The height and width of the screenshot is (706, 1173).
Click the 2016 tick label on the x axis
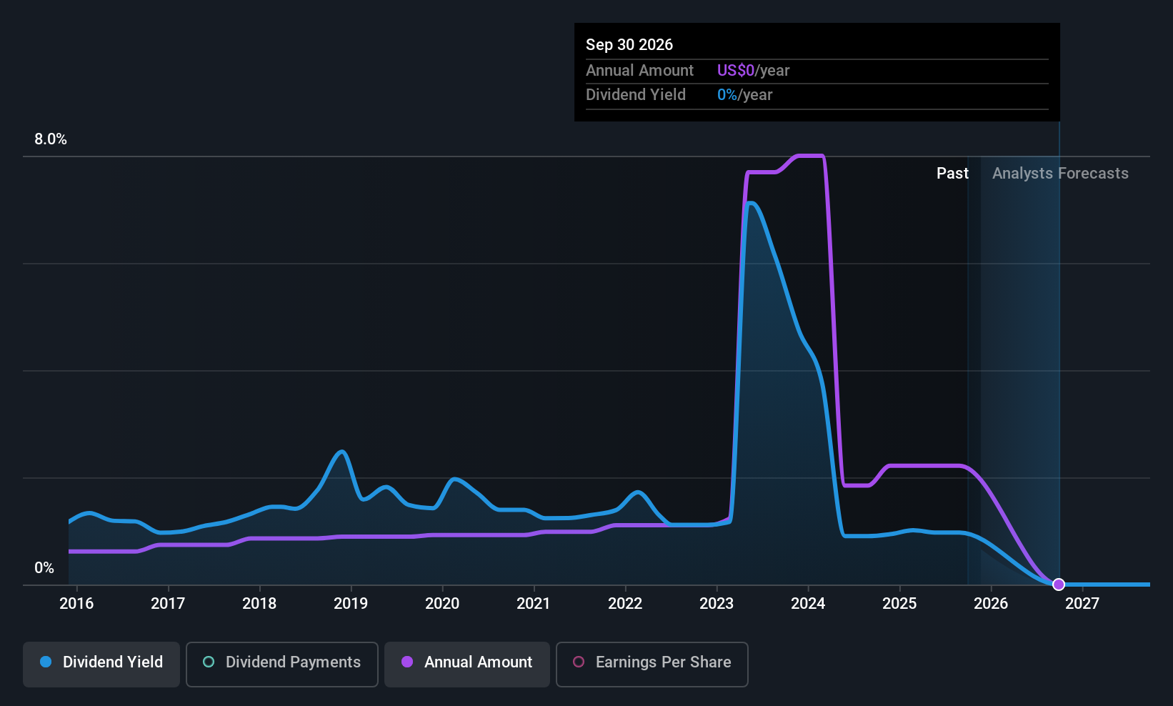pyautogui.click(x=76, y=603)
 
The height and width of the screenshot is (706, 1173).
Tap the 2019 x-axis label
pyautogui.click(x=351, y=603)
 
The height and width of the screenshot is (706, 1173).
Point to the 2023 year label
pyautogui.click(x=717, y=603)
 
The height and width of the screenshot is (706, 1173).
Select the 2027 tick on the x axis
pyautogui.click(x=1082, y=603)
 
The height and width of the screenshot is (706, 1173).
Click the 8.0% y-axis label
pyautogui.click(x=51, y=139)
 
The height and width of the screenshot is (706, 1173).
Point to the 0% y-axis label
pyautogui.click(x=44, y=568)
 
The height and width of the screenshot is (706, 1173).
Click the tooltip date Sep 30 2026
pyautogui.click(x=629, y=44)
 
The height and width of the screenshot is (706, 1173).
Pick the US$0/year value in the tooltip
pyautogui.click(x=753, y=70)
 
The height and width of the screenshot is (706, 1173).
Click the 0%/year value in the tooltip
pyautogui.click(x=744, y=94)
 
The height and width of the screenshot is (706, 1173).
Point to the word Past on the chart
pyautogui.click(x=952, y=174)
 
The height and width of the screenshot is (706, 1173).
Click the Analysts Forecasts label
pyautogui.click(x=1060, y=174)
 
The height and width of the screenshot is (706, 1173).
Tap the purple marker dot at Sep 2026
pyautogui.click(x=1059, y=585)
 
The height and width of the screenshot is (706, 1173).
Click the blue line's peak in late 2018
pyautogui.click(x=342, y=452)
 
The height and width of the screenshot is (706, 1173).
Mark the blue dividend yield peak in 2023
pyautogui.click(x=750, y=204)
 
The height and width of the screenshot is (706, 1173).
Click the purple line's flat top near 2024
pyautogui.click(x=810, y=156)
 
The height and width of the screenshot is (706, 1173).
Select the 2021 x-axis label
pyautogui.click(x=534, y=603)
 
